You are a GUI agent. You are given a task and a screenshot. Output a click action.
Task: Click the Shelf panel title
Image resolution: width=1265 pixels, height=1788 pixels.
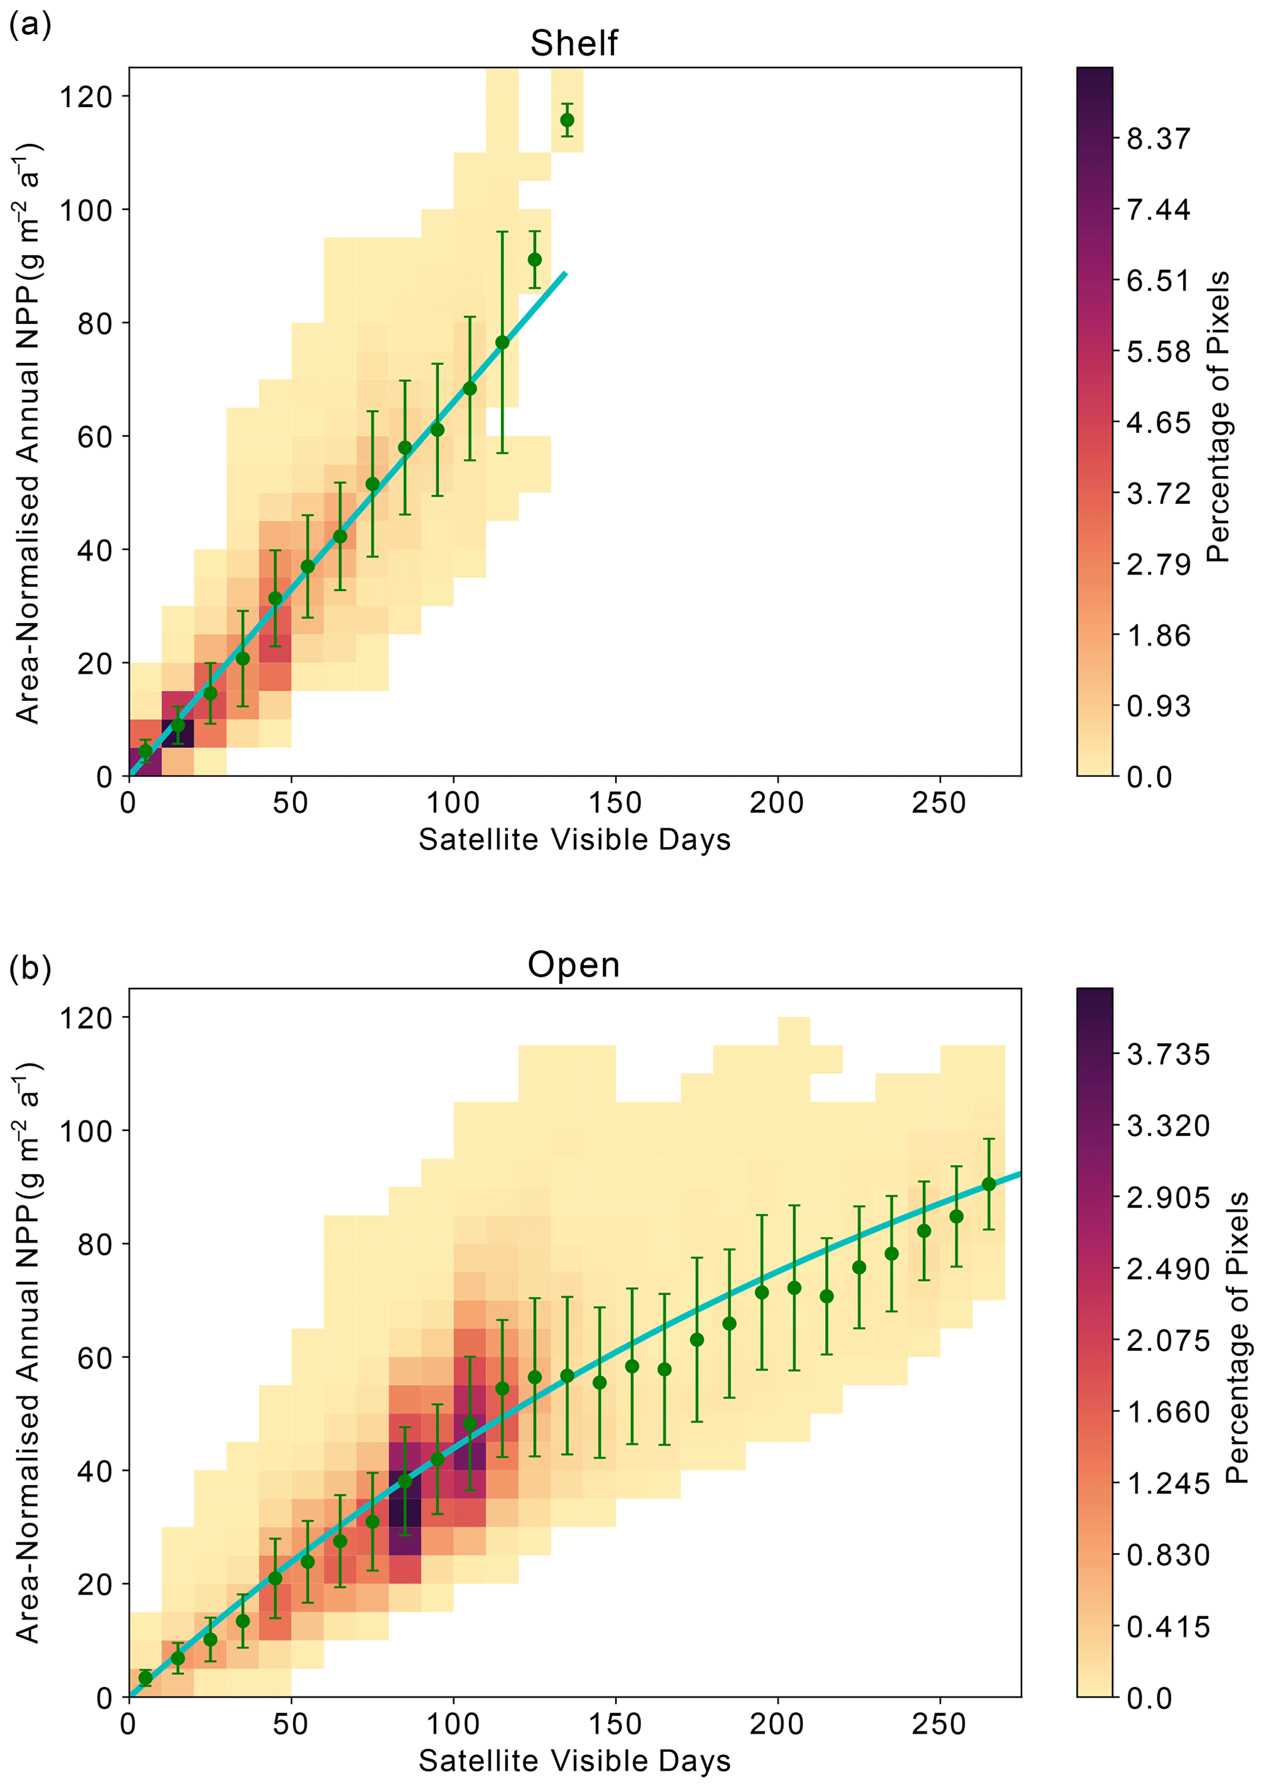tap(573, 43)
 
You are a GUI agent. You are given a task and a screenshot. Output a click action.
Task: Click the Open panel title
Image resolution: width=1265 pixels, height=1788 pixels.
tap(573, 965)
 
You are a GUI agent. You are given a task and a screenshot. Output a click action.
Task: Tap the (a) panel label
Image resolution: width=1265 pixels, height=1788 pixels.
tap(29, 25)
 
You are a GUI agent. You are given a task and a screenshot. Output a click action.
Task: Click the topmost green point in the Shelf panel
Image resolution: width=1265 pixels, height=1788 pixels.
tap(567, 120)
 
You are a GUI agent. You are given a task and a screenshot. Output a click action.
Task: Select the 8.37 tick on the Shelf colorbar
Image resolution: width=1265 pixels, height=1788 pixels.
tap(1159, 139)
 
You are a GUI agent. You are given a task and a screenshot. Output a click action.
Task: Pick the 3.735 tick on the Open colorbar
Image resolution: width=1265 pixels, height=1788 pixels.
tap(1168, 1054)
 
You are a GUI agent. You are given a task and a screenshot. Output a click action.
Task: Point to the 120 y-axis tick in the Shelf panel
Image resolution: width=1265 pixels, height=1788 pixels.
tap(86, 97)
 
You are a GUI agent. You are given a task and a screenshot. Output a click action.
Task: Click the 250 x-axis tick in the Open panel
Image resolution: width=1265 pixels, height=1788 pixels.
tap(939, 1723)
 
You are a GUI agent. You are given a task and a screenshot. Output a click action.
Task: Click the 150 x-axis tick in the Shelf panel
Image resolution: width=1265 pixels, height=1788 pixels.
tap(615, 802)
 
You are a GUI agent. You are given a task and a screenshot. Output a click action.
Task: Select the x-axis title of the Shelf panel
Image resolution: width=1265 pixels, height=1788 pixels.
tap(574, 840)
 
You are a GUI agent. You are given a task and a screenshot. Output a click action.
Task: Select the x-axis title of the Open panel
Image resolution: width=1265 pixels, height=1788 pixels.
tap(574, 1760)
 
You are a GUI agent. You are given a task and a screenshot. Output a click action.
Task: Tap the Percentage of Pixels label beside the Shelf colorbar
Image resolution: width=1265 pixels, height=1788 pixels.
tap(1217, 417)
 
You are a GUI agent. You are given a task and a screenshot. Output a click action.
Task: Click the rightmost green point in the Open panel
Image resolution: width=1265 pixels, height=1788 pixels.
tap(988, 1184)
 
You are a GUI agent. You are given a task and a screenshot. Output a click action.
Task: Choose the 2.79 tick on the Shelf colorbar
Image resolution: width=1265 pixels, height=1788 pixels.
tap(1159, 564)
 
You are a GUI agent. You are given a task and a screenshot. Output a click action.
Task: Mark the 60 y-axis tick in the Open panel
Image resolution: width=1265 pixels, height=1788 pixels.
tap(94, 1358)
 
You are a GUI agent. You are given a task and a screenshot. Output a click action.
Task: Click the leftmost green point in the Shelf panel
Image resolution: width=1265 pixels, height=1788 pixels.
tap(145, 751)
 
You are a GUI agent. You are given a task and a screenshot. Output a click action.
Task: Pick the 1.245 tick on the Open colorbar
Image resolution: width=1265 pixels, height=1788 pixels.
tap(1168, 1483)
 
